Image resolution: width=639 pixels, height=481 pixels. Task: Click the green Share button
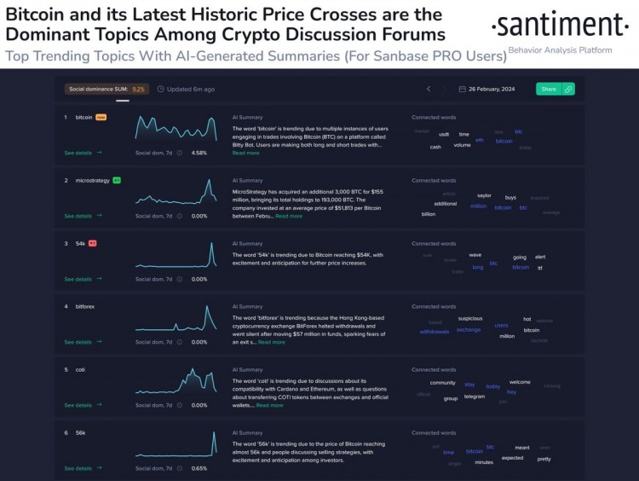pyautogui.click(x=549, y=89)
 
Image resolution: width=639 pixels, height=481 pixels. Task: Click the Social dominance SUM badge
pyautogui.click(x=106, y=89)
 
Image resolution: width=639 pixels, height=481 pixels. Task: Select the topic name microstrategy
pyautogui.click(x=93, y=181)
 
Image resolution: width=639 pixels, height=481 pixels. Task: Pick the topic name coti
pyautogui.click(x=80, y=369)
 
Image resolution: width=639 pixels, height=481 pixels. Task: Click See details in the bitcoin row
pyautogui.click(x=83, y=153)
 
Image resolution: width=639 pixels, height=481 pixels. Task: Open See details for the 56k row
pyautogui.click(x=83, y=468)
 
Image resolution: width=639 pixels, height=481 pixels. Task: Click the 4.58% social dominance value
pyautogui.click(x=199, y=153)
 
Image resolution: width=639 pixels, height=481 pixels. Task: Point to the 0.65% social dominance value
pyautogui.click(x=199, y=468)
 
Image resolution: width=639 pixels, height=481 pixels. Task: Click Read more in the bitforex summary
pyautogui.click(x=272, y=342)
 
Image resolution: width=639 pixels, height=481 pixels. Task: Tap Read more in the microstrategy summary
pyautogui.click(x=289, y=216)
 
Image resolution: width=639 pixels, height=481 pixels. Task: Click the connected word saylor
pyautogui.click(x=484, y=195)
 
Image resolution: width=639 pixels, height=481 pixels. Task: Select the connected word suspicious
pyautogui.click(x=470, y=318)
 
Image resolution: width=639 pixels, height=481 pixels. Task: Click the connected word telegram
pyautogui.click(x=475, y=397)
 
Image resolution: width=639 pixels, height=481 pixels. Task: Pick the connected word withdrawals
pyautogui.click(x=435, y=332)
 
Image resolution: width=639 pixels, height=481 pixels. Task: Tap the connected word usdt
pyautogui.click(x=444, y=134)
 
